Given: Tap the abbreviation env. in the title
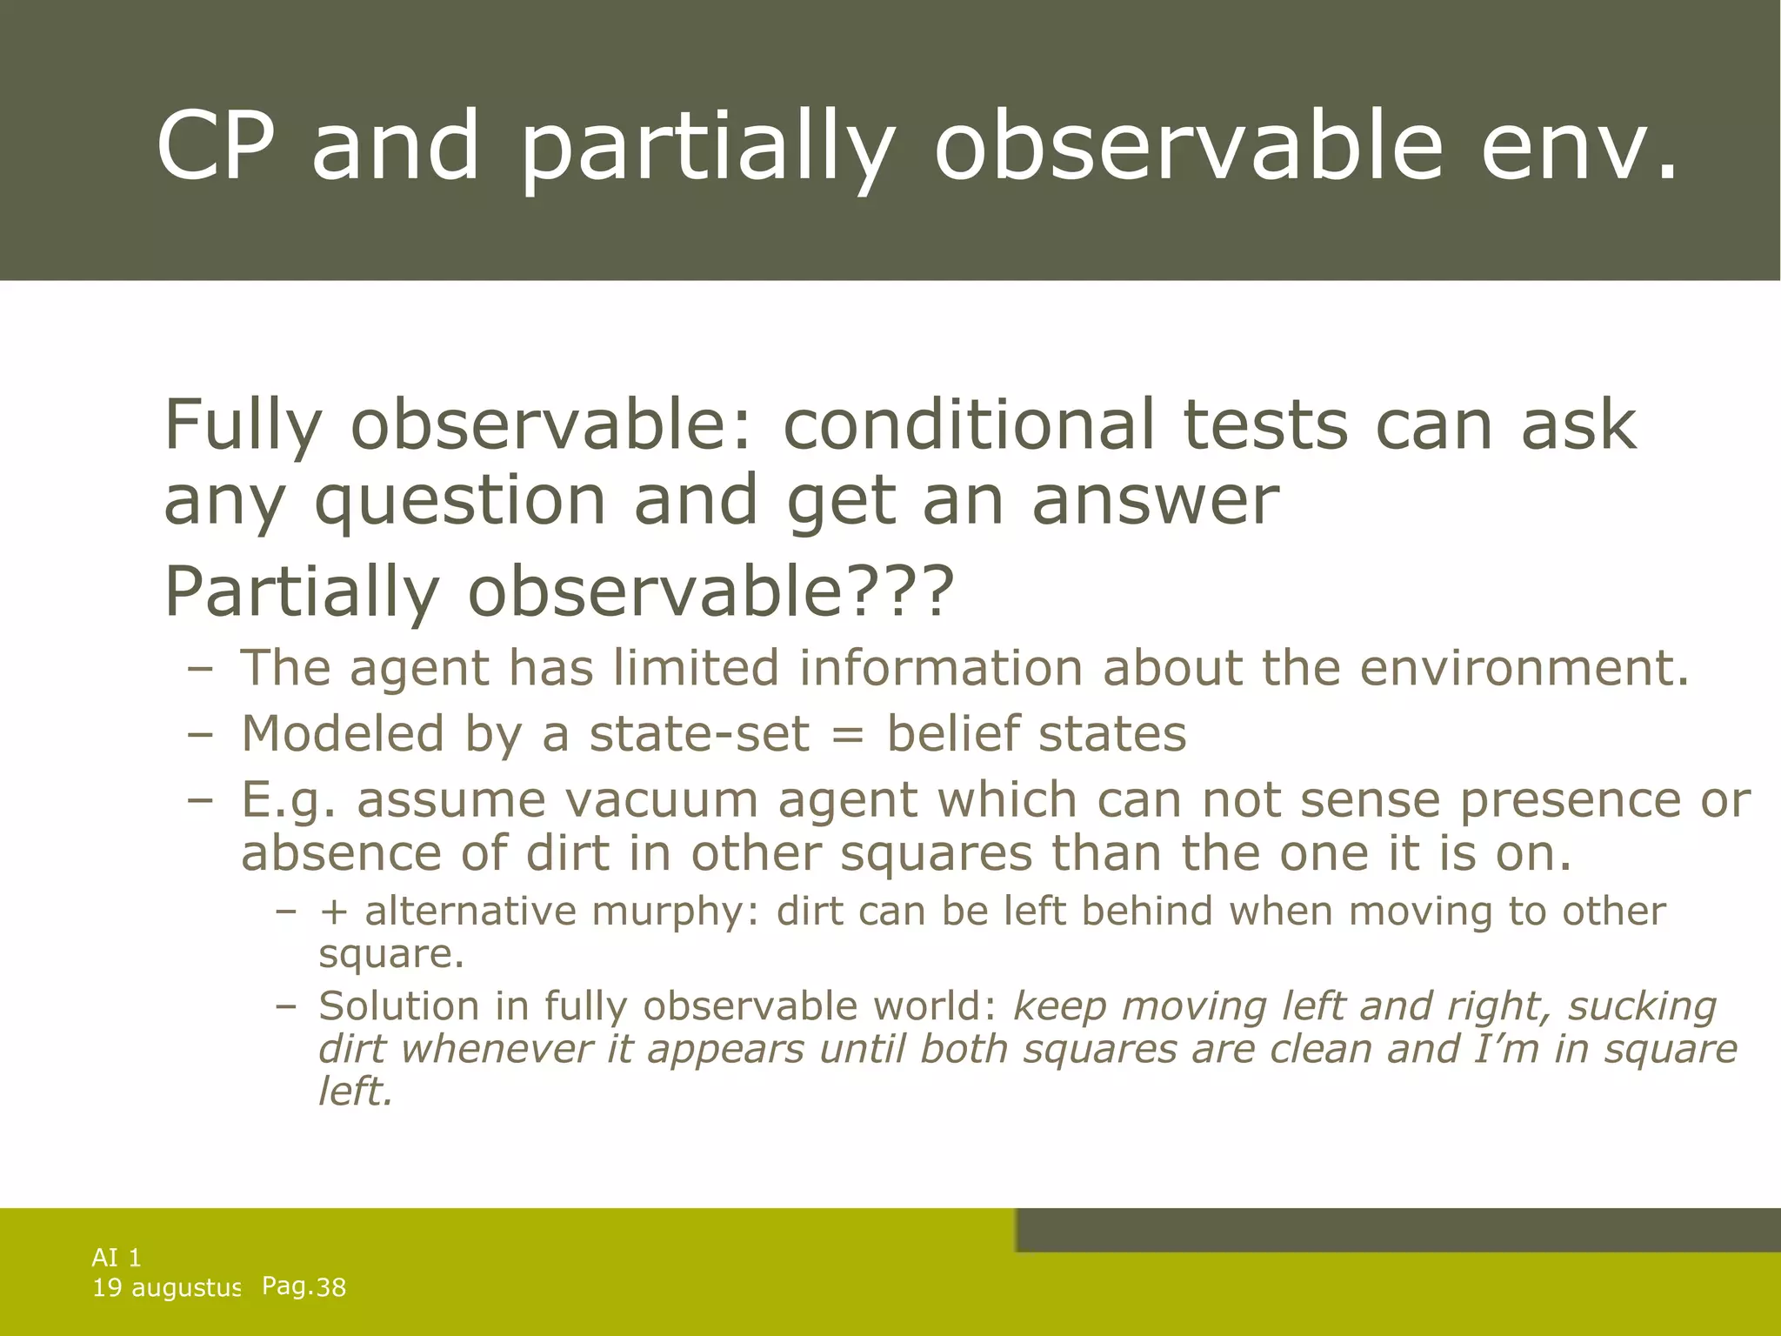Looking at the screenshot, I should (x=1578, y=145).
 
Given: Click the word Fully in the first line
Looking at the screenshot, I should (x=243, y=426).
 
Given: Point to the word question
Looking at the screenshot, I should (x=459, y=502).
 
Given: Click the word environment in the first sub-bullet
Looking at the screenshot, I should (x=1513, y=668).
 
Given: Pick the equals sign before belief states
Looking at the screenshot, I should (x=848, y=734).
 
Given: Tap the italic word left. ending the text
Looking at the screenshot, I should (x=356, y=1092).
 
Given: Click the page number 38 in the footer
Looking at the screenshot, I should (x=330, y=1287).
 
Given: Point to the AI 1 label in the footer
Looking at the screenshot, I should (x=117, y=1257).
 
